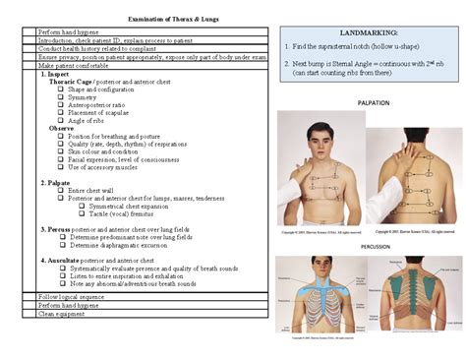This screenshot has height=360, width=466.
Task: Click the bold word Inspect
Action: point(65,73)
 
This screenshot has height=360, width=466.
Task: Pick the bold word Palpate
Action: point(65,183)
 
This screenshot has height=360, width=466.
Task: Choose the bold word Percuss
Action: point(66,228)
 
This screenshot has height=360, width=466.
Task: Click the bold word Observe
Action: point(61,128)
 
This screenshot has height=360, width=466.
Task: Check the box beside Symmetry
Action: point(61,96)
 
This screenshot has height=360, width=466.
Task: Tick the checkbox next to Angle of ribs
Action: point(61,120)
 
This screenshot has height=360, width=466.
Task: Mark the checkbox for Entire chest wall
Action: point(61,191)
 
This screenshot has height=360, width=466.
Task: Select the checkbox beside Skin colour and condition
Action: point(61,151)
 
